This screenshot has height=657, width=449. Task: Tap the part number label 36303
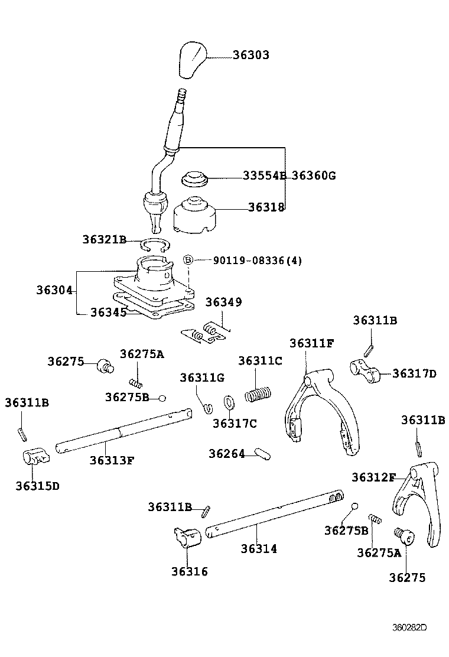coord(250,55)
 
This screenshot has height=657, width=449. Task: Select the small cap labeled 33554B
coord(193,178)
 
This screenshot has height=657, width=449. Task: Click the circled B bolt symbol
coord(188,260)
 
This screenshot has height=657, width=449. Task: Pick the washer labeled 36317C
coord(230,404)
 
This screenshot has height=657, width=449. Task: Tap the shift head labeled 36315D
coord(36,457)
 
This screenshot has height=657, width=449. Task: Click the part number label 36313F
coord(112,460)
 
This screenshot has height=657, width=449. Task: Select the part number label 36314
coord(259,548)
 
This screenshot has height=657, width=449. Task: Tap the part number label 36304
coord(54,290)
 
